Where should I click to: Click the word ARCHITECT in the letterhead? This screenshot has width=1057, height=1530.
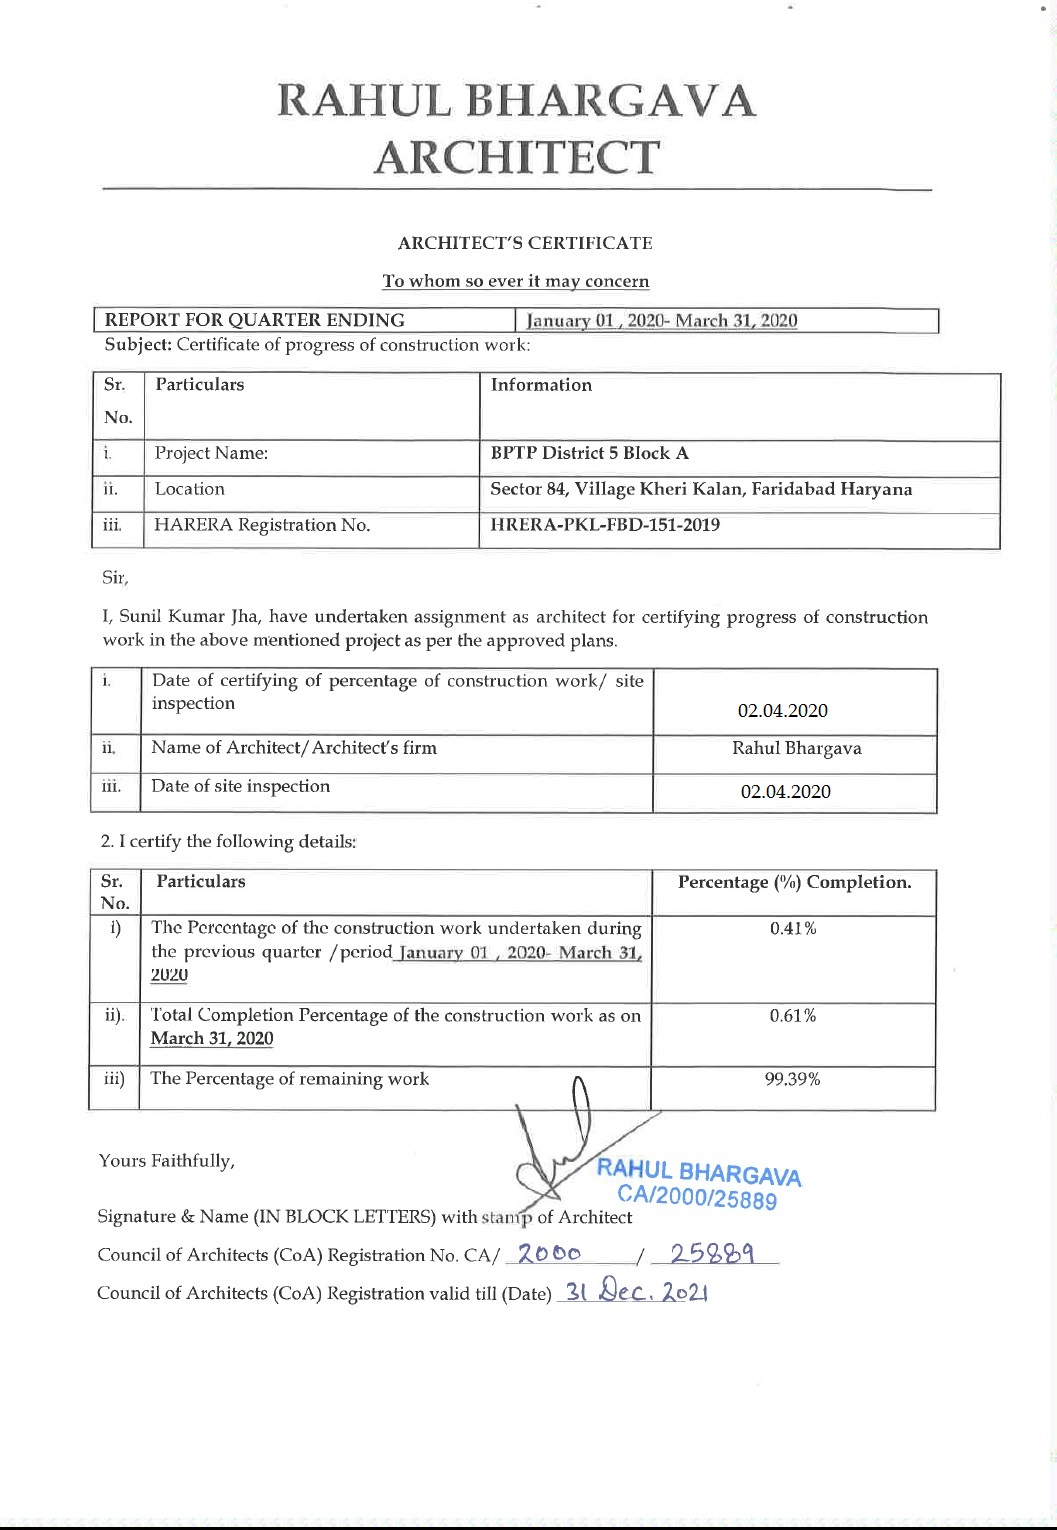pos(517,157)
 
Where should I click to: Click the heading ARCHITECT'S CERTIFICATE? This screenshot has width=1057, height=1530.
pos(525,243)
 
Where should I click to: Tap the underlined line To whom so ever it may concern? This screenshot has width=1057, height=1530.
pos(516,281)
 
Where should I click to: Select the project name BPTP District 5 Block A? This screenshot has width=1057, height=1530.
pos(590,453)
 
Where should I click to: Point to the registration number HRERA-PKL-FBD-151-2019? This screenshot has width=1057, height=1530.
pos(605,525)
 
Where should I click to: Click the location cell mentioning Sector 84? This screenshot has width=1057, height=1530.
pos(701,489)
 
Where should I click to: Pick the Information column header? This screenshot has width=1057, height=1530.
pos(541,385)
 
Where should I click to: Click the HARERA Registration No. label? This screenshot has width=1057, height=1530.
pos(262,525)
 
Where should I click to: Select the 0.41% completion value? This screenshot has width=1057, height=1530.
pos(793,928)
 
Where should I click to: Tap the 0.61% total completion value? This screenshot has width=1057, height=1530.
pos(793,1016)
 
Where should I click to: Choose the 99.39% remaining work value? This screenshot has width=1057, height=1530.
pos(793,1079)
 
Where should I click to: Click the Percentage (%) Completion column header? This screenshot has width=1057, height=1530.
pos(794,882)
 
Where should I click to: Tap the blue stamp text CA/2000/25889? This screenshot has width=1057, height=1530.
pos(697,1197)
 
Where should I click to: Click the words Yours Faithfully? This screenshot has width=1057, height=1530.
pos(167,1160)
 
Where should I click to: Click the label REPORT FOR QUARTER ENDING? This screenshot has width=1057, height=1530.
pos(255,320)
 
